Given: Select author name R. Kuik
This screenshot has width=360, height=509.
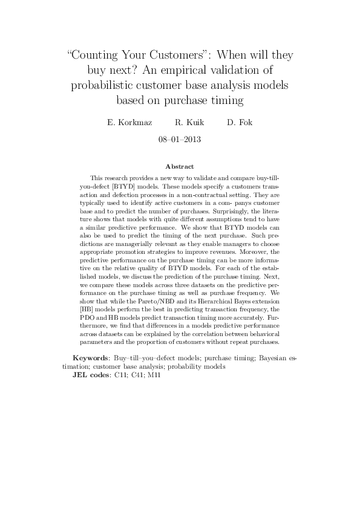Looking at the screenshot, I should pos(189,122).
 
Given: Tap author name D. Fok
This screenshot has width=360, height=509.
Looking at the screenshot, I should pos(240,122).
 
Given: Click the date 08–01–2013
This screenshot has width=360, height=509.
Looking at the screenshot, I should pos(180,139).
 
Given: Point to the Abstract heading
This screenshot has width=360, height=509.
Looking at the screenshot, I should pos(180,166).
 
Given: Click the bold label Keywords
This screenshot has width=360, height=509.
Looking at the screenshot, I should pos(91,358).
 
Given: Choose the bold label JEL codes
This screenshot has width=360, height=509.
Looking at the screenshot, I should pos(88,374).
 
